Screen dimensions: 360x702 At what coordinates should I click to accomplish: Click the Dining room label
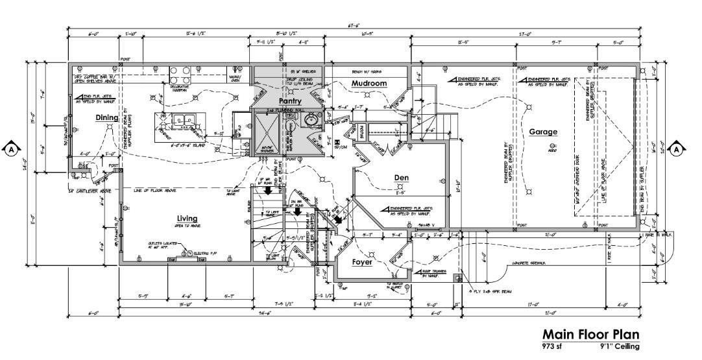(x=107, y=117)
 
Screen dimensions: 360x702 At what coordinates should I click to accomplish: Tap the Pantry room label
(x=289, y=101)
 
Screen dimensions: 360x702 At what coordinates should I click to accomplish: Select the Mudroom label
(x=369, y=84)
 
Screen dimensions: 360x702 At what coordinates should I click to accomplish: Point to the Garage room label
(x=542, y=132)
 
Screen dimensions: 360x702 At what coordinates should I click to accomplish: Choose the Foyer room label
(x=362, y=262)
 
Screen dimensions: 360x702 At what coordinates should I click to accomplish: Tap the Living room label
(x=187, y=219)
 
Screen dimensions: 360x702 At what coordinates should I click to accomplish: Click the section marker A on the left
(x=11, y=149)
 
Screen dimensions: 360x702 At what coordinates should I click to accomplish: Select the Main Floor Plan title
(x=590, y=334)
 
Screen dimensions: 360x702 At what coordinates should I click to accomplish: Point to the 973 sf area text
(x=552, y=346)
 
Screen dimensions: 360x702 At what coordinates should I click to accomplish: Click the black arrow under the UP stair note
(x=267, y=190)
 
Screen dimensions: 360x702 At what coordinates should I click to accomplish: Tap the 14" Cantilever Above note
(x=90, y=191)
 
